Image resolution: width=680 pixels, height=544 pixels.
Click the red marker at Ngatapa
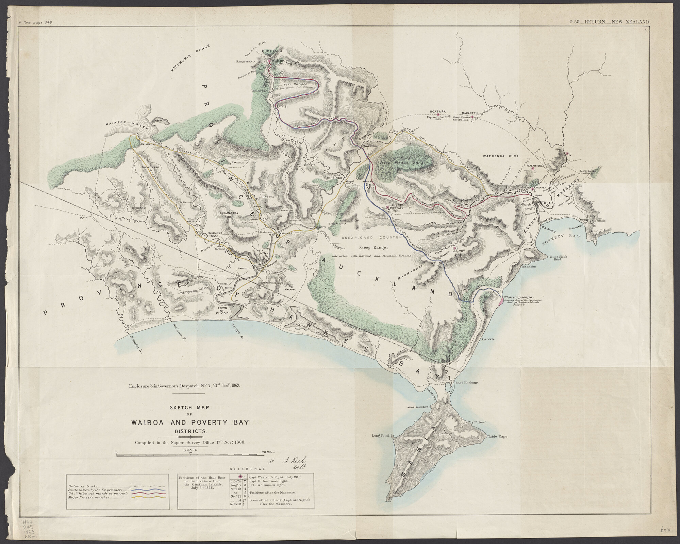click(438, 115)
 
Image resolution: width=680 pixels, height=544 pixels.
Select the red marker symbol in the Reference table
click(241, 477)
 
